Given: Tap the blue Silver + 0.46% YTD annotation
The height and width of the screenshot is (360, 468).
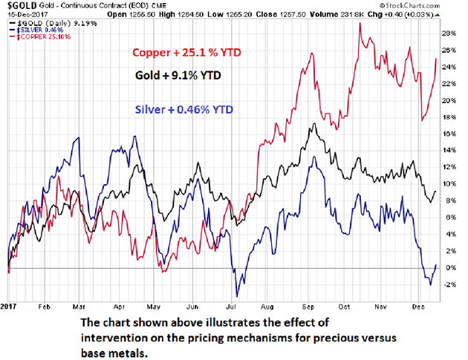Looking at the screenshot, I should click(182, 109).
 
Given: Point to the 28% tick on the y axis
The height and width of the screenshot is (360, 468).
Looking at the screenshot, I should click(449, 33).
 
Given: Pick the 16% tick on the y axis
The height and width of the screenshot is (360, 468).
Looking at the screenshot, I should click(449, 134).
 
